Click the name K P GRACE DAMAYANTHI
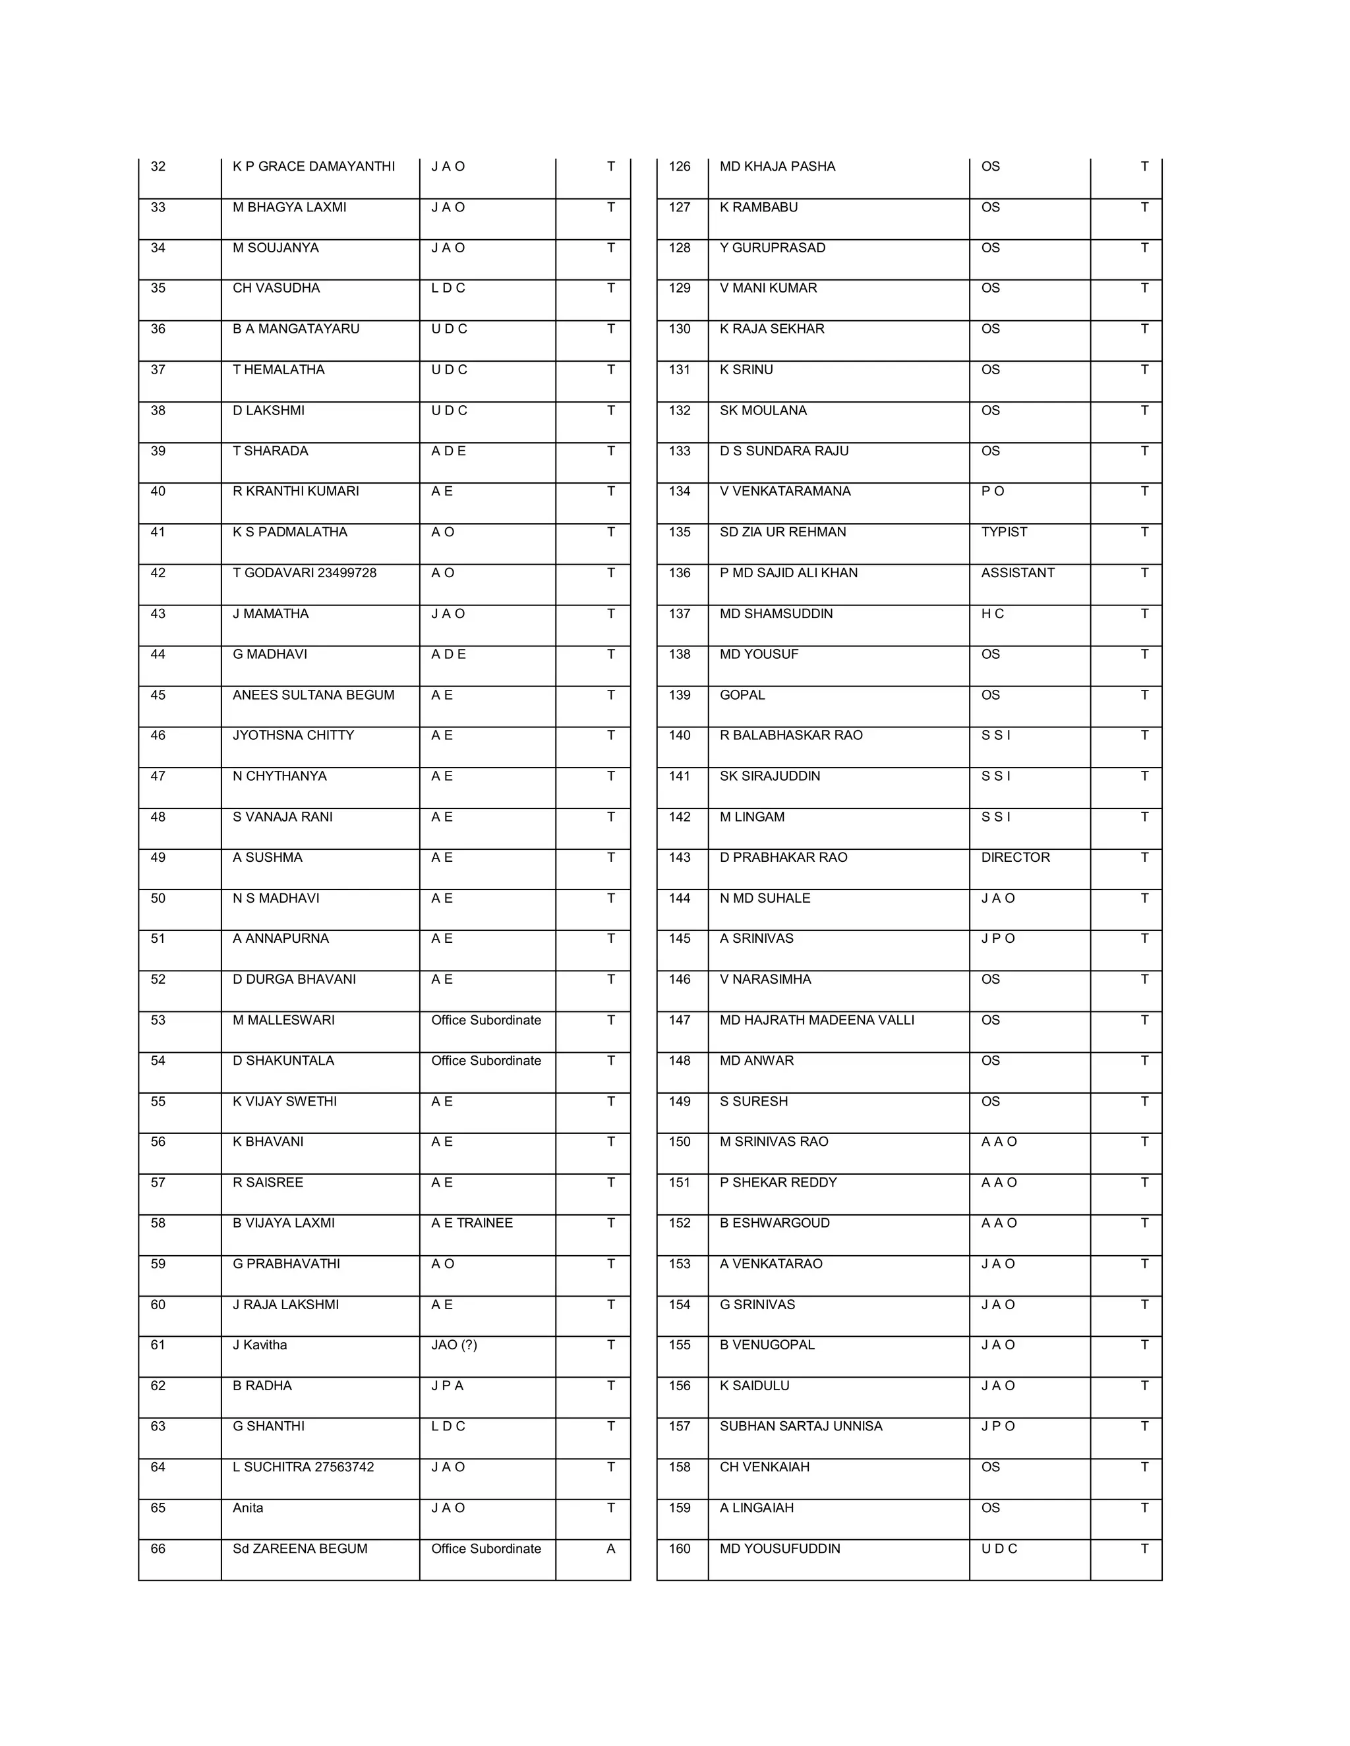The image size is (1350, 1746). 314,166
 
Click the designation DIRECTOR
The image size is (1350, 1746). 1015,857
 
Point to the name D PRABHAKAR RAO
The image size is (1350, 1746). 783,857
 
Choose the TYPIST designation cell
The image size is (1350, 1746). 1004,532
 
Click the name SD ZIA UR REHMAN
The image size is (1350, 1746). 782,532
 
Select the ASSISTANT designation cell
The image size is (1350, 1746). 1017,573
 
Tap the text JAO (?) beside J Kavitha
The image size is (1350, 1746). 454,1345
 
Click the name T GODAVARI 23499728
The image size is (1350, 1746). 304,573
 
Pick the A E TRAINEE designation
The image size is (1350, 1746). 472,1222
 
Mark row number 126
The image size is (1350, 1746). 679,166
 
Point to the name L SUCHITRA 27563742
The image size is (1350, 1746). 303,1467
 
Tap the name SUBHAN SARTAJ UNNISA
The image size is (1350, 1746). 800,1426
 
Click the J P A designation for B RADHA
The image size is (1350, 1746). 447,1386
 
